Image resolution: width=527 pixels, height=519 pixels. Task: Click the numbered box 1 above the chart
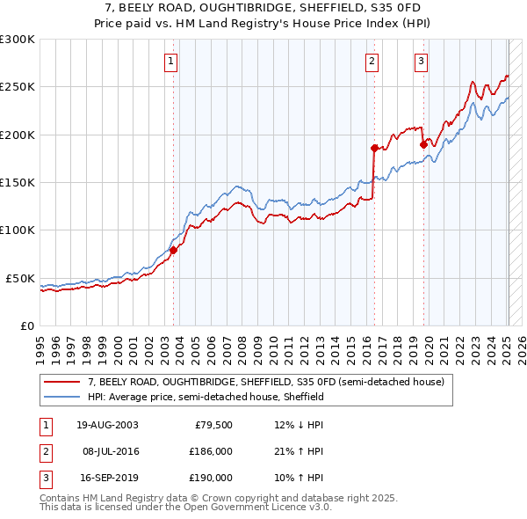170,61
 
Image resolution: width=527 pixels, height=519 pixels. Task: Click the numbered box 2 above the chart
372,61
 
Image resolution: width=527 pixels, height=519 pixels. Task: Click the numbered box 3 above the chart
422,61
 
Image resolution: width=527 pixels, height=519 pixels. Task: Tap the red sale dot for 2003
173,250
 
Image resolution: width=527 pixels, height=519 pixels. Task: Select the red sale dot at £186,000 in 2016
374,148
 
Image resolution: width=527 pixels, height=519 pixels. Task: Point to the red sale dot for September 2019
423,144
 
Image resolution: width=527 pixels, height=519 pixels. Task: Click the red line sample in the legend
61,383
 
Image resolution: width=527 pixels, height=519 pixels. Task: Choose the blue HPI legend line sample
61,397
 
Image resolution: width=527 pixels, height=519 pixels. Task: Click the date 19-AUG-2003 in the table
107,425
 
